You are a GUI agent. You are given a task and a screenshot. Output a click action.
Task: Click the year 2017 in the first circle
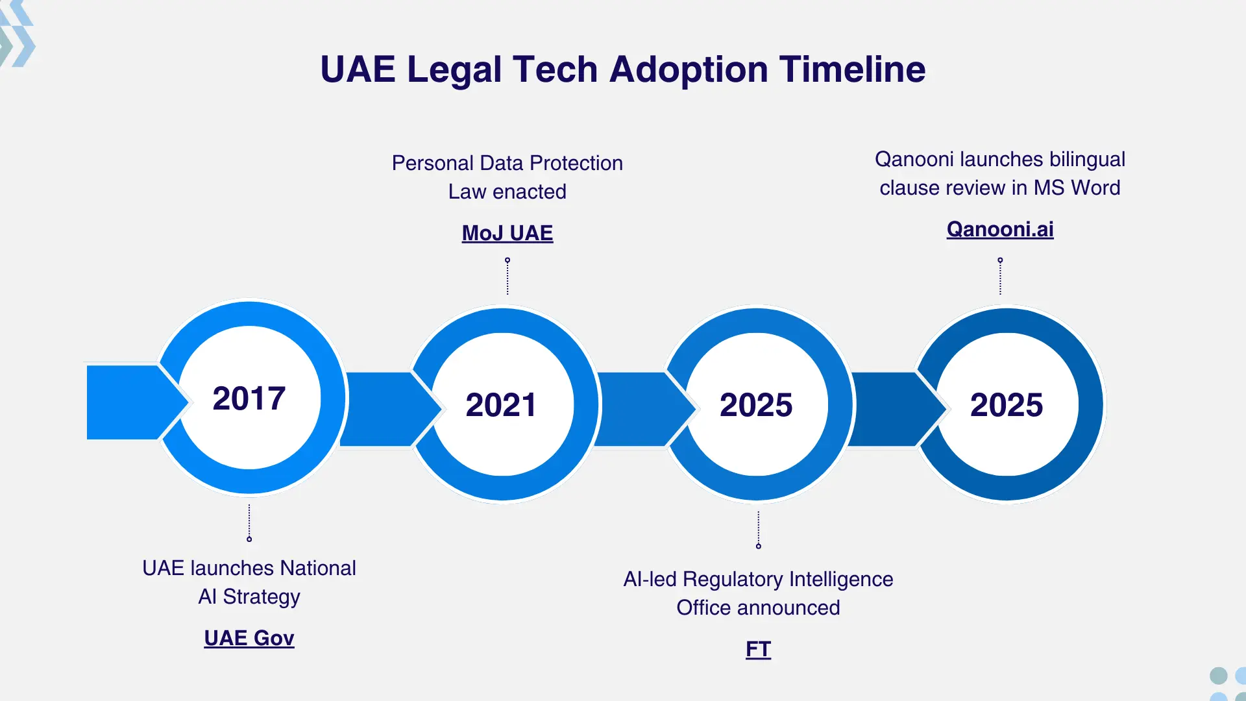pyautogui.click(x=249, y=398)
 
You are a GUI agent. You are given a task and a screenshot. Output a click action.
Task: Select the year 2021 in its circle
pyautogui.click(x=501, y=405)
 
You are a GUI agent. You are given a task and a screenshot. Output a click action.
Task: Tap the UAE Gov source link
pyautogui.click(x=249, y=638)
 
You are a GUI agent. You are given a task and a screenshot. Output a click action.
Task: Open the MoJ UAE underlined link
pyautogui.click(x=507, y=233)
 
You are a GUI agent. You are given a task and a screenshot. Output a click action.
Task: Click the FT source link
pyautogui.click(x=758, y=649)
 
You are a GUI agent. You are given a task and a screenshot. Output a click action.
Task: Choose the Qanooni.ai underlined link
pyautogui.click(x=1000, y=229)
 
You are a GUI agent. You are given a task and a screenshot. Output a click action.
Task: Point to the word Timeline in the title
pyautogui.click(x=852, y=69)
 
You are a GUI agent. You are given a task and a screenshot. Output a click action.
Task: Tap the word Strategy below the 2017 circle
pyautogui.click(x=262, y=596)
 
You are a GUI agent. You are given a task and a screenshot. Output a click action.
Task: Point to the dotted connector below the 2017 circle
pyautogui.click(x=249, y=523)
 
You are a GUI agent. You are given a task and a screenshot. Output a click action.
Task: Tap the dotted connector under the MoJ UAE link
pyautogui.click(x=507, y=277)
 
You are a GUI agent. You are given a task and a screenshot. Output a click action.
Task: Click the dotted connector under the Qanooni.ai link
pyautogui.click(x=1000, y=277)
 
